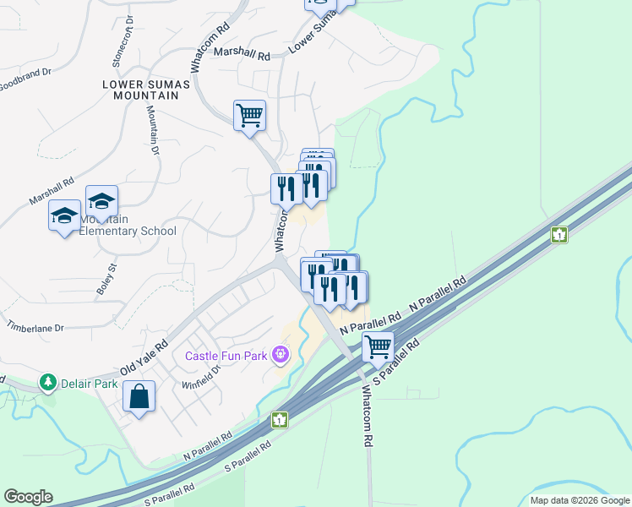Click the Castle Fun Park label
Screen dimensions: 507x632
[227, 355]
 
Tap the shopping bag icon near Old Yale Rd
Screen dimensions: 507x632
[139, 396]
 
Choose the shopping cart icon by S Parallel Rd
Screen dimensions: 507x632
[378, 346]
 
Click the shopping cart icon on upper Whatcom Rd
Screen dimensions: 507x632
[249, 115]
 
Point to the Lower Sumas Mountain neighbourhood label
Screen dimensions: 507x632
[140, 90]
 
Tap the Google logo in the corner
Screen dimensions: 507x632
[28, 497]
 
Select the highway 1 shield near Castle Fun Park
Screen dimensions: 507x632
[280, 419]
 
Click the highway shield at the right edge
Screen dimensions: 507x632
[558, 234]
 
